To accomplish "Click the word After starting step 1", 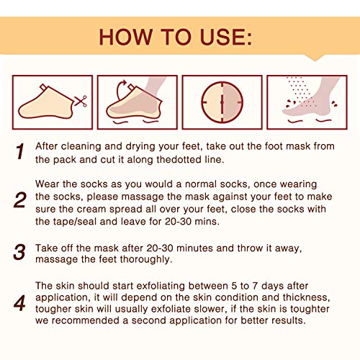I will click(x=50, y=145).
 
